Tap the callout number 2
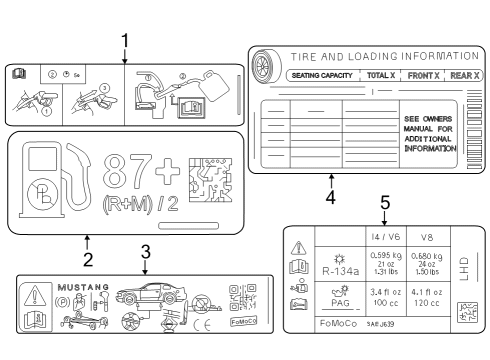88,260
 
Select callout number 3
145,251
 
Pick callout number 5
385,203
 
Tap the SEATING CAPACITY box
323,75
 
